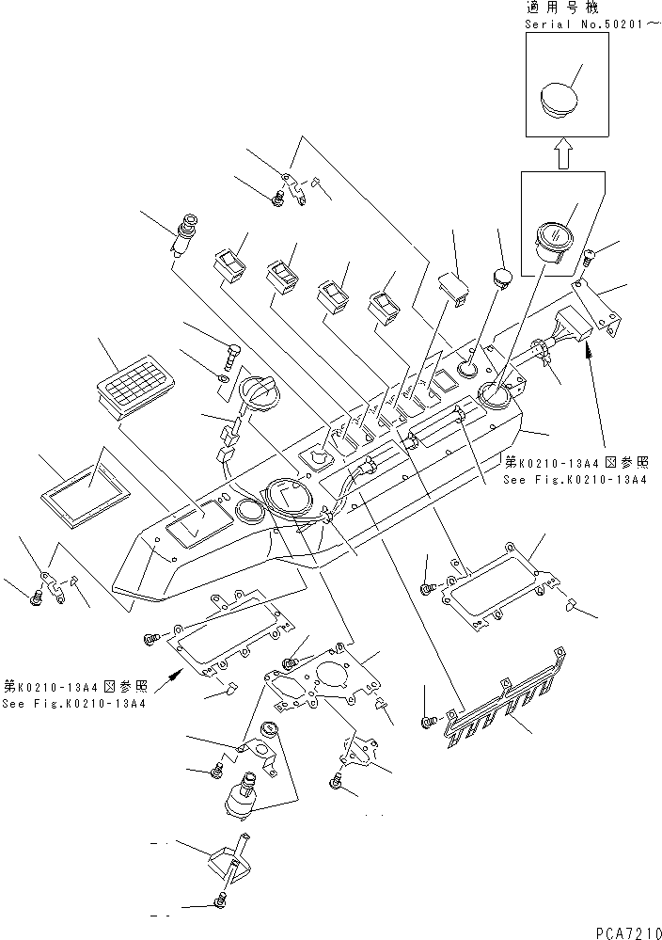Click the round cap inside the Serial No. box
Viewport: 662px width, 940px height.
(561, 100)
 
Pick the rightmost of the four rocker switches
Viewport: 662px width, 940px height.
(383, 303)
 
